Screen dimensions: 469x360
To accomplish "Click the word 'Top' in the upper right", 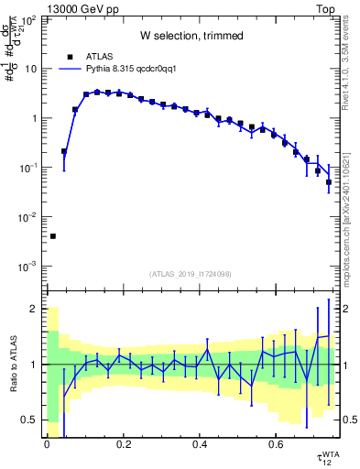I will pyautogui.click(x=325, y=7).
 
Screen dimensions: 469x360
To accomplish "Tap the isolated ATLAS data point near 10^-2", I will pyautogui.click(x=52, y=236).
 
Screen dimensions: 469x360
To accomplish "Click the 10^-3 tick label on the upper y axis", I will pyautogui.click(x=28, y=267).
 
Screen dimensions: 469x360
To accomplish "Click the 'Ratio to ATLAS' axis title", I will pyautogui.click(x=12, y=364).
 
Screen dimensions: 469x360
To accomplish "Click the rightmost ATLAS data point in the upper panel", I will pyautogui.click(x=329, y=182).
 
